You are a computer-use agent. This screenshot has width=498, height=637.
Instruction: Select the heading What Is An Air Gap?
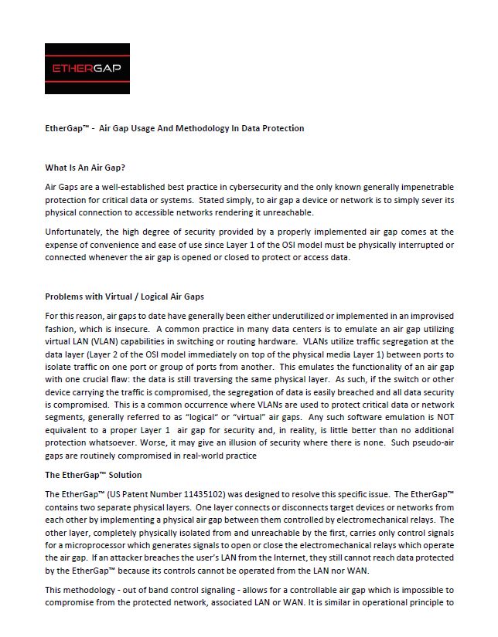click(85, 167)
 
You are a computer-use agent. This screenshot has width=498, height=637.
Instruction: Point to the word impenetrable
click(427, 188)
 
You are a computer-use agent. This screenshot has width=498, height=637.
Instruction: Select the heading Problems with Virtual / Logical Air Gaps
click(124, 296)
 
